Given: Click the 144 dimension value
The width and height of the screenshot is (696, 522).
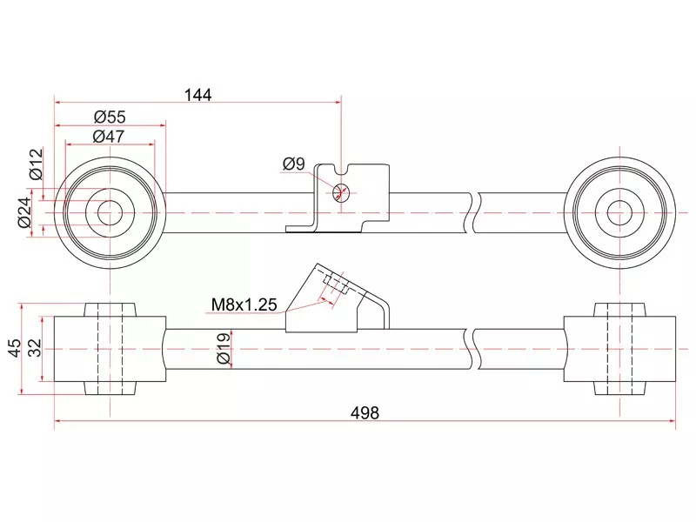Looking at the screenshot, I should (x=197, y=94).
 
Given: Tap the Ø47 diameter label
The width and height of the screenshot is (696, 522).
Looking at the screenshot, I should (x=110, y=136).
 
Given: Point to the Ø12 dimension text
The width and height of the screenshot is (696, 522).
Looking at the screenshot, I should (x=36, y=164).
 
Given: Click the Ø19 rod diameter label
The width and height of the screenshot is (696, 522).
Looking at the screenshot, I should (x=222, y=348).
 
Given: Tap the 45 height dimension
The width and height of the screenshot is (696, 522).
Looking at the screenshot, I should (x=14, y=348).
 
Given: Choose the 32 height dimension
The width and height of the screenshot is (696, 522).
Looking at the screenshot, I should (x=34, y=348).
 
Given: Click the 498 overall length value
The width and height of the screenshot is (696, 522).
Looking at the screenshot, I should (x=365, y=413).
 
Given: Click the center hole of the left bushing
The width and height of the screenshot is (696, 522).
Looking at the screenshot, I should (x=110, y=212).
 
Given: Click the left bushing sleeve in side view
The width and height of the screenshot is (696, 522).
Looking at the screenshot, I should (x=110, y=348).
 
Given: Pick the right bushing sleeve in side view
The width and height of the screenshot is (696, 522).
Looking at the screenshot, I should (x=620, y=348).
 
